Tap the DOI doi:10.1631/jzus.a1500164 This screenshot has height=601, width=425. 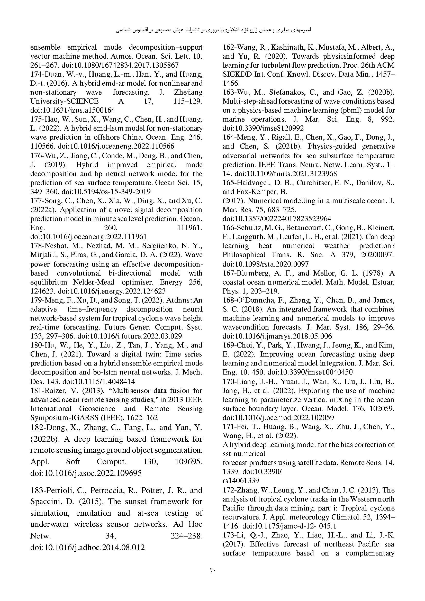[73, 110]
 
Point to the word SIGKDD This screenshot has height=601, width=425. [237, 74]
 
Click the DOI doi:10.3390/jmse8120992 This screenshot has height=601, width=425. [263, 128]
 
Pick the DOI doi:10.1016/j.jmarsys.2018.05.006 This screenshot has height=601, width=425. [277, 336]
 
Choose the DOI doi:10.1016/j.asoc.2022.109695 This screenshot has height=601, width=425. [86, 473]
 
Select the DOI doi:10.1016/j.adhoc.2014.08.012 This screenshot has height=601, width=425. [88, 547]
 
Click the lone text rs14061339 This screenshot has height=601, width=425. [241, 481]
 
